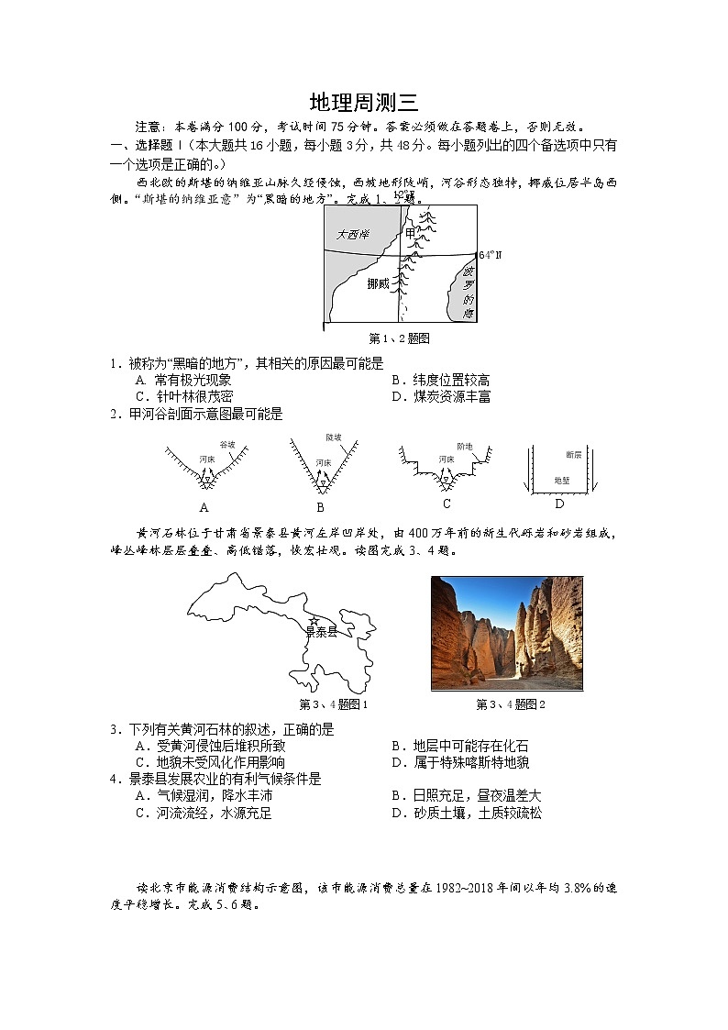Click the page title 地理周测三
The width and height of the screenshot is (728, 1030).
tap(364, 102)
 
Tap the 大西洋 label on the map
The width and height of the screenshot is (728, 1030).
tap(351, 235)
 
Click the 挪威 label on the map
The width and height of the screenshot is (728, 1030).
tap(378, 284)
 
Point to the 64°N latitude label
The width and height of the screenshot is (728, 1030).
tap(491, 255)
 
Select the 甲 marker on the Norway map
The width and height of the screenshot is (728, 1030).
tap(410, 234)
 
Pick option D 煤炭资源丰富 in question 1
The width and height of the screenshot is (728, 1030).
tap(440, 396)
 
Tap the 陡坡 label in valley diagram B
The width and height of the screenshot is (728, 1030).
tap(333, 437)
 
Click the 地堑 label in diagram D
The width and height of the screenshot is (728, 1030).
tap(562, 481)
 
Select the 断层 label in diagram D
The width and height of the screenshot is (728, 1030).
tap(574, 454)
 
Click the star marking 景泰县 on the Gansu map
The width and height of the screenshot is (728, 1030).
tap(314, 621)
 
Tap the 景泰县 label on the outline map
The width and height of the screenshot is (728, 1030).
tap(321, 633)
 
